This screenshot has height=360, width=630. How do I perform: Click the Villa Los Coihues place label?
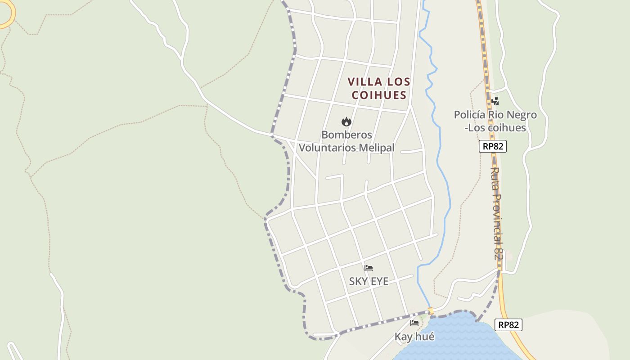[x=379, y=88]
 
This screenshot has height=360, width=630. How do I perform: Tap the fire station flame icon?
[x=346, y=121]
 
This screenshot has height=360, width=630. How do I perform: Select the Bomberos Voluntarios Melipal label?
[x=346, y=141]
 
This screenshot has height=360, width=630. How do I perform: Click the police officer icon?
[x=495, y=101]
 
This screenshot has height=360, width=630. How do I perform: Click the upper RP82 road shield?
[x=493, y=146]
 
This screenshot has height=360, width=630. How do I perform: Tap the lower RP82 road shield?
[x=508, y=325]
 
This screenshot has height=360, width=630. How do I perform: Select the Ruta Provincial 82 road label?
[x=496, y=214]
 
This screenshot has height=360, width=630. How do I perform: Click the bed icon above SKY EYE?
[x=369, y=268]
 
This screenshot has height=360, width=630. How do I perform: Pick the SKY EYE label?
[x=369, y=281]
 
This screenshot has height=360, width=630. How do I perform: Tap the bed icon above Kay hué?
[x=414, y=323]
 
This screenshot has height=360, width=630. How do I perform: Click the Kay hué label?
[x=414, y=336]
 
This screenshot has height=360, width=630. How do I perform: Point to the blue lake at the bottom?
[x=454, y=337]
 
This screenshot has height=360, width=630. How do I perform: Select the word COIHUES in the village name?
[x=379, y=95]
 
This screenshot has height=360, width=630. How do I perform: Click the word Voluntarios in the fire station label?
[x=328, y=148]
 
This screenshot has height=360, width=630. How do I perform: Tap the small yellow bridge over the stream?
[x=431, y=311]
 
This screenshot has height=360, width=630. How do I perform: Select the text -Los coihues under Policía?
[x=495, y=128]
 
